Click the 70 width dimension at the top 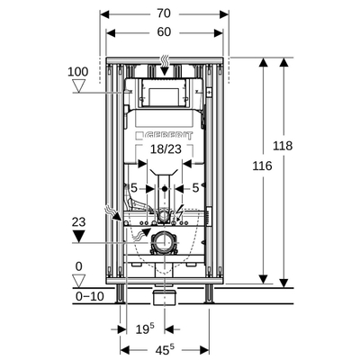click(163, 13)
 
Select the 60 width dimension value click(163, 32)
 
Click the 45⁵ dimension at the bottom click(163, 348)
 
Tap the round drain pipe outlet click(163, 240)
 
